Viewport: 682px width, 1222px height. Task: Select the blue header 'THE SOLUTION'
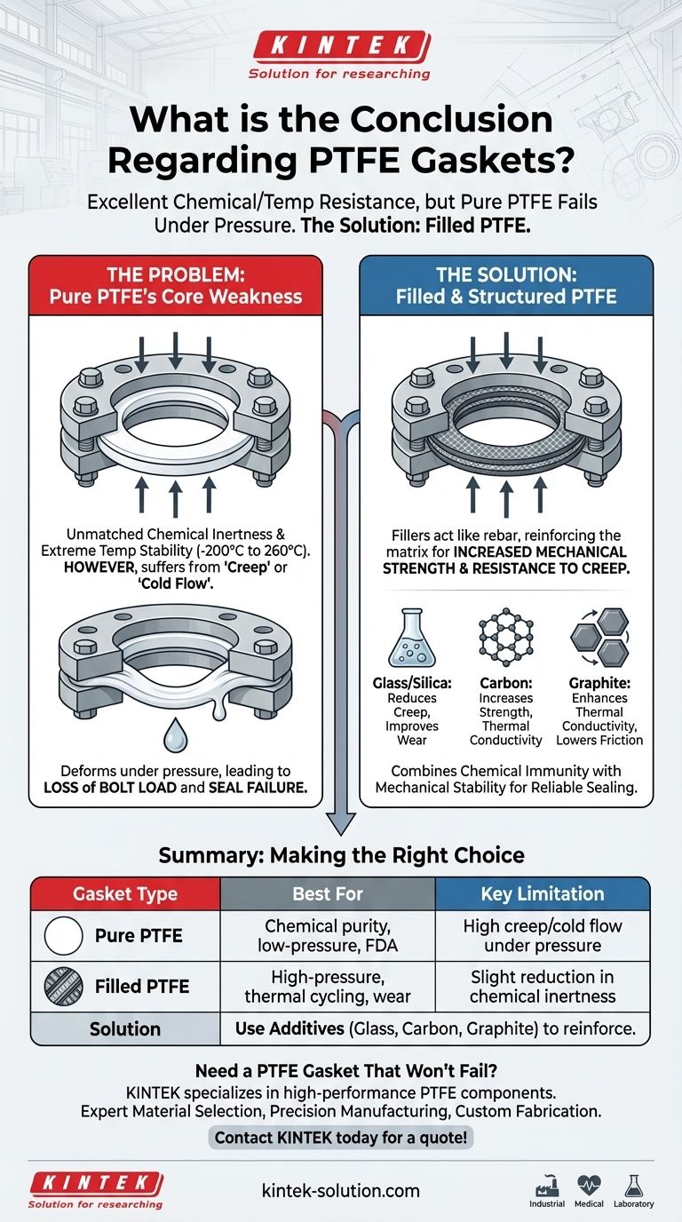505,283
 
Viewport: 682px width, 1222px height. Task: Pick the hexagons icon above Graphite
598,637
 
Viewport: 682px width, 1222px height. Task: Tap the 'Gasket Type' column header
124,894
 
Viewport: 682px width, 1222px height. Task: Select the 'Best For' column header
328,894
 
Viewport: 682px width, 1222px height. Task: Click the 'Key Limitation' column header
542,894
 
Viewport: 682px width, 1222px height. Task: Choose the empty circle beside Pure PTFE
62,936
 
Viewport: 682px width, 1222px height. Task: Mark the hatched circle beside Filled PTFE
62,986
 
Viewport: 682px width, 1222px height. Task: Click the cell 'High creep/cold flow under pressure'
542,936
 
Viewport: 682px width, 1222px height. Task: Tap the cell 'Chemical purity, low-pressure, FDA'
328,936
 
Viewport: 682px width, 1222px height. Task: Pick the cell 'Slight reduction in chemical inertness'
542,986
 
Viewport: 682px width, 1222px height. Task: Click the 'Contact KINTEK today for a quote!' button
340,1137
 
